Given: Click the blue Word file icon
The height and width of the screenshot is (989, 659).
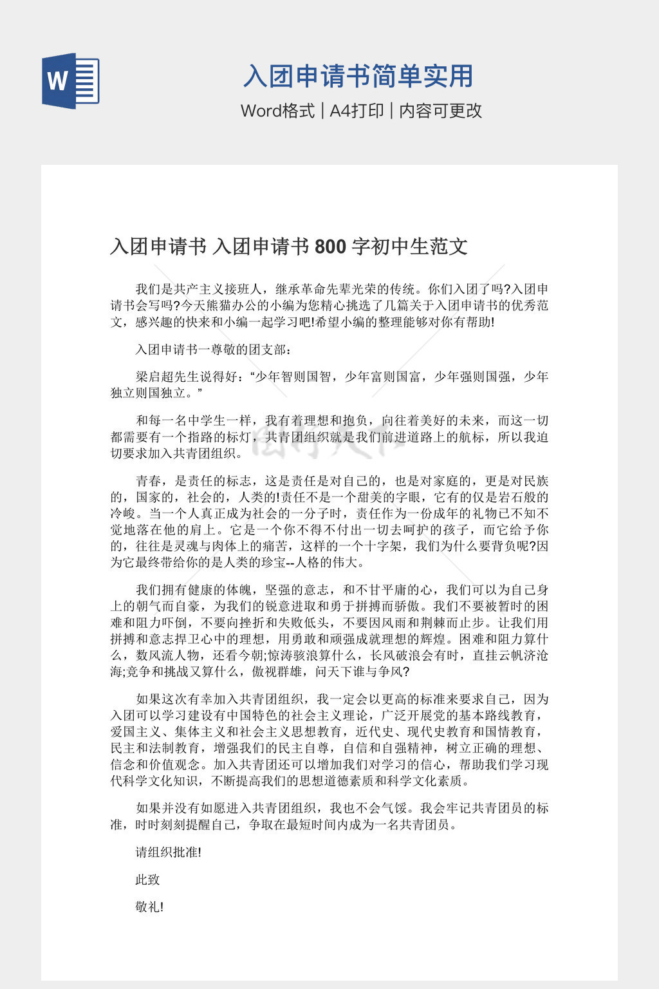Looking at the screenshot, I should [71, 80].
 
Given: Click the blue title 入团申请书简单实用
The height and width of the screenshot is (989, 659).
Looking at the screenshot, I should [358, 77].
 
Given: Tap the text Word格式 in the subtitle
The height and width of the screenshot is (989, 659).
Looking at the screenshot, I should [278, 111].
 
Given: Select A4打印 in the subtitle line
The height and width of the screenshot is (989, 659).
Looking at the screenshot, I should [357, 111].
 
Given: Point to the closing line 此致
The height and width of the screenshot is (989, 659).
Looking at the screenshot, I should [147, 880].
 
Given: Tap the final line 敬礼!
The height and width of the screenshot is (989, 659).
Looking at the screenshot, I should [149, 907].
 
